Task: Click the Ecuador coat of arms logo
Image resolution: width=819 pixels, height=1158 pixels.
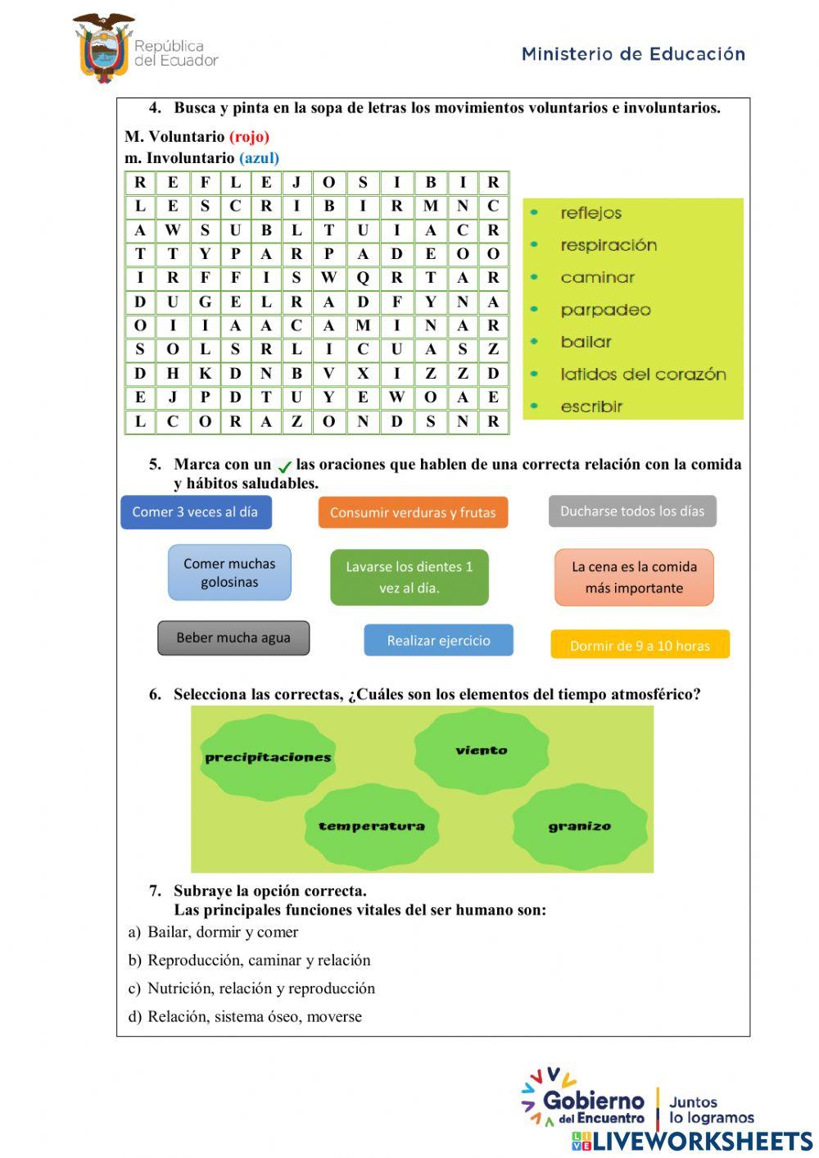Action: tap(104, 48)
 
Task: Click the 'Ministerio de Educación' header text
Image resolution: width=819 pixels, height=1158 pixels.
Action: tap(633, 54)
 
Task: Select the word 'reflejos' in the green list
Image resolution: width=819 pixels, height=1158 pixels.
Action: tap(590, 213)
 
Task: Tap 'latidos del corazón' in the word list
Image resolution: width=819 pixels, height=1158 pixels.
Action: tap(643, 375)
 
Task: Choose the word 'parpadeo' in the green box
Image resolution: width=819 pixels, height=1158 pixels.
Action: tap(605, 310)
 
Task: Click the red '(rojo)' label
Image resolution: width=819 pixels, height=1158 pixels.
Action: tap(249, 137)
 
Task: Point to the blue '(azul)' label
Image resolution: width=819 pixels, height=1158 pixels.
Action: tap(259, 158)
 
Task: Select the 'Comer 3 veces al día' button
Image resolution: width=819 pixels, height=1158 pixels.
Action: tap(196, 512)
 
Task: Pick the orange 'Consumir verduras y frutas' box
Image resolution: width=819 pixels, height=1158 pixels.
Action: tap(413, 513)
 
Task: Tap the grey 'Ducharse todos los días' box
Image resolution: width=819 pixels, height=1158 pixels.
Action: tap(632, 511)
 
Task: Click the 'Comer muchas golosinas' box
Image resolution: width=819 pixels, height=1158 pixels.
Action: tap(229, 573)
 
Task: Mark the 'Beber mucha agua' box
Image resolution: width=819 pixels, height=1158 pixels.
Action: tap(233, 638)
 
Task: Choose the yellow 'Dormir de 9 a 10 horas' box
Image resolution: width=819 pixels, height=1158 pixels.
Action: tap(640, 645)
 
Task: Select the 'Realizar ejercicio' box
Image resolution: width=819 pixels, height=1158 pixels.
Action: tap(438, 641)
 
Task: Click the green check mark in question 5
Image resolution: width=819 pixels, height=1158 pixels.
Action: tap(284, 466)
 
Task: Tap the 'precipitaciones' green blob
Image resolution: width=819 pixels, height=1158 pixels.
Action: tap(268, 757)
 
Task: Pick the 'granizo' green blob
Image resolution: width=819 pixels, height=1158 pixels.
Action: tap(580, 826)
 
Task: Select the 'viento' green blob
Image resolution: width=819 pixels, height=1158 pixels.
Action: tap(482, 751)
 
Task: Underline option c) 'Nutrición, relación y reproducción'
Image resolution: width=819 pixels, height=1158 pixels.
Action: tap(260, 988)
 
